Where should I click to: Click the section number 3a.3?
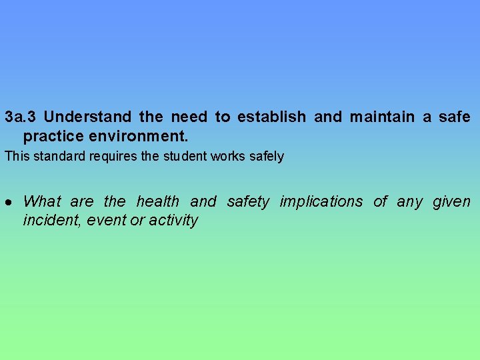point(20,117)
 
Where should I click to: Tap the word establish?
point(271,117)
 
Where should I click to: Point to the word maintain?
point(383,117)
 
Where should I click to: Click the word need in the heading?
point(189,117)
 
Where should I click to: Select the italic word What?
point(42,201)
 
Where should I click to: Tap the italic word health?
point(158,201)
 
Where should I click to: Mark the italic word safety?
point(248,201)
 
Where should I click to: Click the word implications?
point(321,201)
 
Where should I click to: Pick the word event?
point(105,220)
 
